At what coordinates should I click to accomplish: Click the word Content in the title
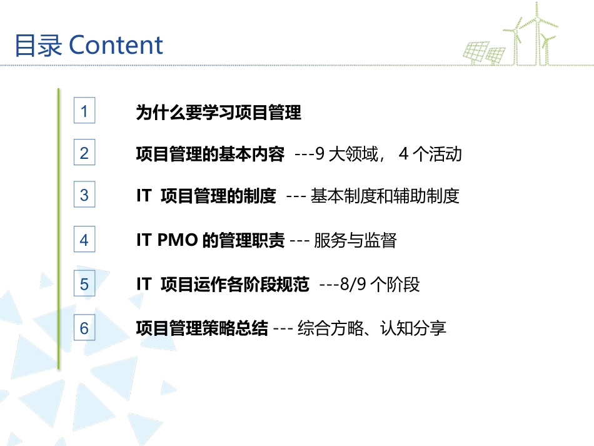(116, 46)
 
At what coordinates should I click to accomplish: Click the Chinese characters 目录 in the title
(38, 46)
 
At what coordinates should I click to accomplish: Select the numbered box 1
(84, 112)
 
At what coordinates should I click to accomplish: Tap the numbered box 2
(84, 153)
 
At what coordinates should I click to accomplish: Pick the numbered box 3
(84, 195)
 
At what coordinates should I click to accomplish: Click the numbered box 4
(84, 240)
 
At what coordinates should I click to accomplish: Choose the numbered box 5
(84, 285)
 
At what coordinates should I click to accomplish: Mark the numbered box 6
(84, 328)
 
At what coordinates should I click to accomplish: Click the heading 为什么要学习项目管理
(218, 113)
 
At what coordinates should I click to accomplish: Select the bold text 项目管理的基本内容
(210, 154)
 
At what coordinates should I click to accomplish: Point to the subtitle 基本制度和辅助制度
(385, 196)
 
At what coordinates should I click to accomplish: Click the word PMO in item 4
(177, 240)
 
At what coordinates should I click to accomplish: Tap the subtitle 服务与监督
(355, 240)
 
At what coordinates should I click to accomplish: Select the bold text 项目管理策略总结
(202, 328)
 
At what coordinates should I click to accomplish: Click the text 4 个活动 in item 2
(430, 154)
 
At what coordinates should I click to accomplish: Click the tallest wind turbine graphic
(535, 31)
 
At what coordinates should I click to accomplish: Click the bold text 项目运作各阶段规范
(234, 285)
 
